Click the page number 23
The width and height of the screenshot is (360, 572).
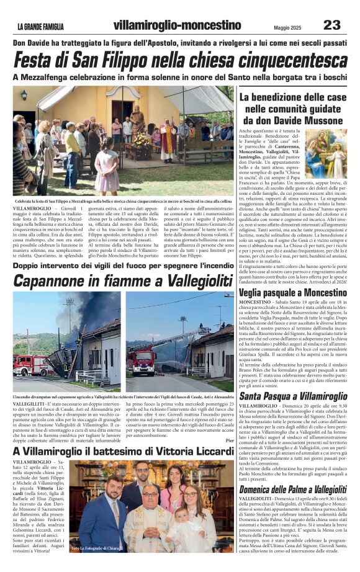[x=332, y=24]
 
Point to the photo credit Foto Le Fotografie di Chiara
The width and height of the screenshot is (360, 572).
[x=95, y=548]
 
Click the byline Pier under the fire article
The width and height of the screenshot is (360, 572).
[x=229, y=440]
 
